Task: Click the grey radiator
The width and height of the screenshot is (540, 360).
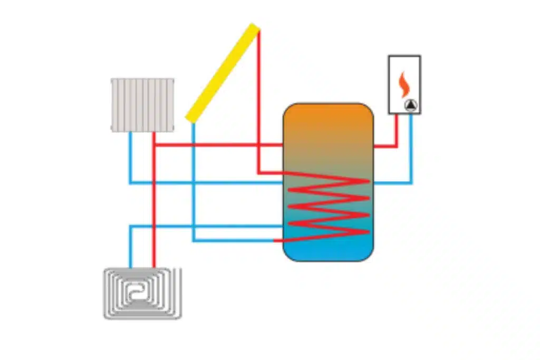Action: point(142,104)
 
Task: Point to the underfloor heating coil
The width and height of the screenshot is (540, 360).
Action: point(142,293)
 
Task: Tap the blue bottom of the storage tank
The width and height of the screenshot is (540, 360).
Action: point(328,250)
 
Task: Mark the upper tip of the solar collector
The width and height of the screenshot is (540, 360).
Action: point(255,27)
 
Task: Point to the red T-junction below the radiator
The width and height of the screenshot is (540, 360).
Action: point(153,145)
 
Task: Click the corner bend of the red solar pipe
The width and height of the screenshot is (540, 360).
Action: point(258,172)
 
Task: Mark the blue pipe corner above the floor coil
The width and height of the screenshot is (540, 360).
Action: point(130,227)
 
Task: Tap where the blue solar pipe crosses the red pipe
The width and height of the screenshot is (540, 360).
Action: point(193,145)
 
